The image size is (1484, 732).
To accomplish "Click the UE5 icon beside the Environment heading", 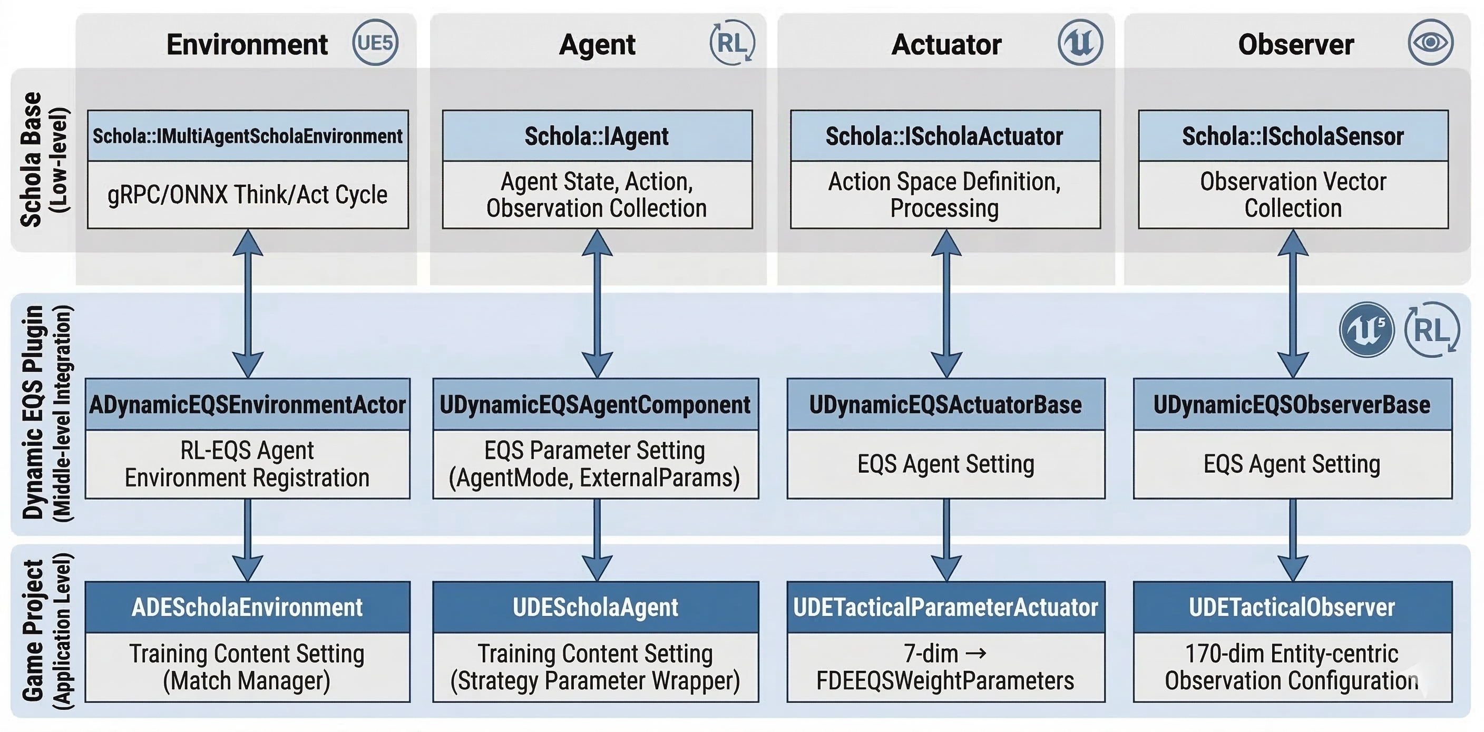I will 375,43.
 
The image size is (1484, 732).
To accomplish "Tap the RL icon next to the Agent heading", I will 732,43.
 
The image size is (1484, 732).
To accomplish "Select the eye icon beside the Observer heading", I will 1430,43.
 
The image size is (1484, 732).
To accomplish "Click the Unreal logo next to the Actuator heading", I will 1080,43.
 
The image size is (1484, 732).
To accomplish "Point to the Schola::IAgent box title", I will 597,136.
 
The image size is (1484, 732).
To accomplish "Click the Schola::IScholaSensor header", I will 1293,136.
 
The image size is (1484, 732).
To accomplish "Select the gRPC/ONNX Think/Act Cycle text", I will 248,194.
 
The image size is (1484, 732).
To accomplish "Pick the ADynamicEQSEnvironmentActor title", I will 248,404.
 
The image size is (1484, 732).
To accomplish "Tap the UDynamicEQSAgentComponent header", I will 595,404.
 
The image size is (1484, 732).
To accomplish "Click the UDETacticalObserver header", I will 1292,607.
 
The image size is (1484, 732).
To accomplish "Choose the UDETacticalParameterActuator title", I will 946,607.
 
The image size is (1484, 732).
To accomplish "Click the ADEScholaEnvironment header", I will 248,607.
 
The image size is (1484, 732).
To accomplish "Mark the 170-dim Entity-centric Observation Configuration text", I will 1292,667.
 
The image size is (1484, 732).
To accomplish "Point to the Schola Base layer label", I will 43,160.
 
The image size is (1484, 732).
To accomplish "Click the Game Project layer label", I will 46,631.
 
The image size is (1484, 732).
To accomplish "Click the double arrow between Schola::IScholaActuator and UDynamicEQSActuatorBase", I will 946,304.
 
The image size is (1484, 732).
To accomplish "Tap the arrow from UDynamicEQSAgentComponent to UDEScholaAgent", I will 597,540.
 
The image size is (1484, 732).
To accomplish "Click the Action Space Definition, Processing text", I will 945,194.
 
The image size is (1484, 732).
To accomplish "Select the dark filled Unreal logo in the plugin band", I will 1366,330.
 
